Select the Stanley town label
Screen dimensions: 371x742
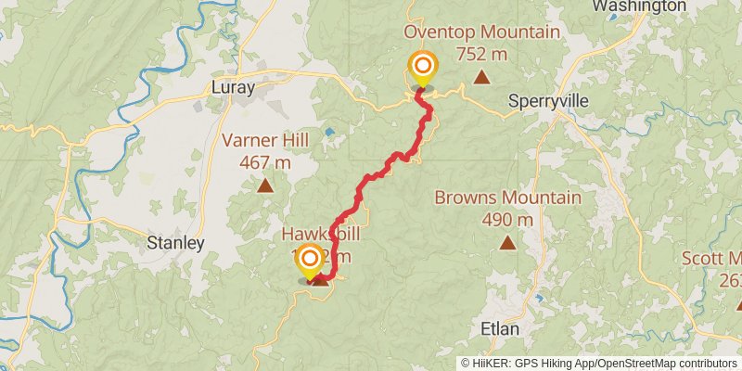point(175,243)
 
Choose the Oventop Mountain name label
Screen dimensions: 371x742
point(481,32)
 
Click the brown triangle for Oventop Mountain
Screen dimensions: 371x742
point(481,76)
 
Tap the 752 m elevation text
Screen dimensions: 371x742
point(481,54)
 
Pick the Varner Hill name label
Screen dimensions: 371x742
point(266,141)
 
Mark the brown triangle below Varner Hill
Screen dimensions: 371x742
point(266,185)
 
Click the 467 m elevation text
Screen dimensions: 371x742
point(266,162)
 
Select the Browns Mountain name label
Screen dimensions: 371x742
point(507,198)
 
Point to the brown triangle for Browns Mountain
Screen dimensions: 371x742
point(507,242)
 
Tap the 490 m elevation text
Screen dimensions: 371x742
point(507,220)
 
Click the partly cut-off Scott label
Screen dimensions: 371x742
point(711,257)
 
